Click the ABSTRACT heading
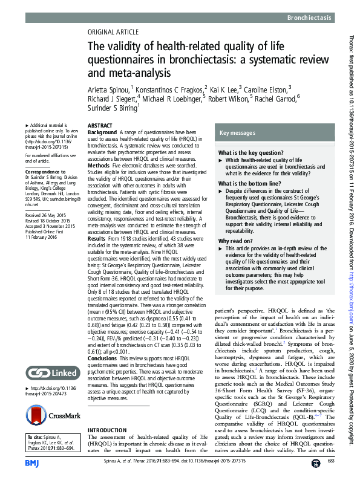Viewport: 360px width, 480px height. coord(100,125)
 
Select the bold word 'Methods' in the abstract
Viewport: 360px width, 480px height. coord(99,164)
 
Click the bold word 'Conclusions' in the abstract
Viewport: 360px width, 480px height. coord(104,357)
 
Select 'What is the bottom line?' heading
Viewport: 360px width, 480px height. coord(249,183)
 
